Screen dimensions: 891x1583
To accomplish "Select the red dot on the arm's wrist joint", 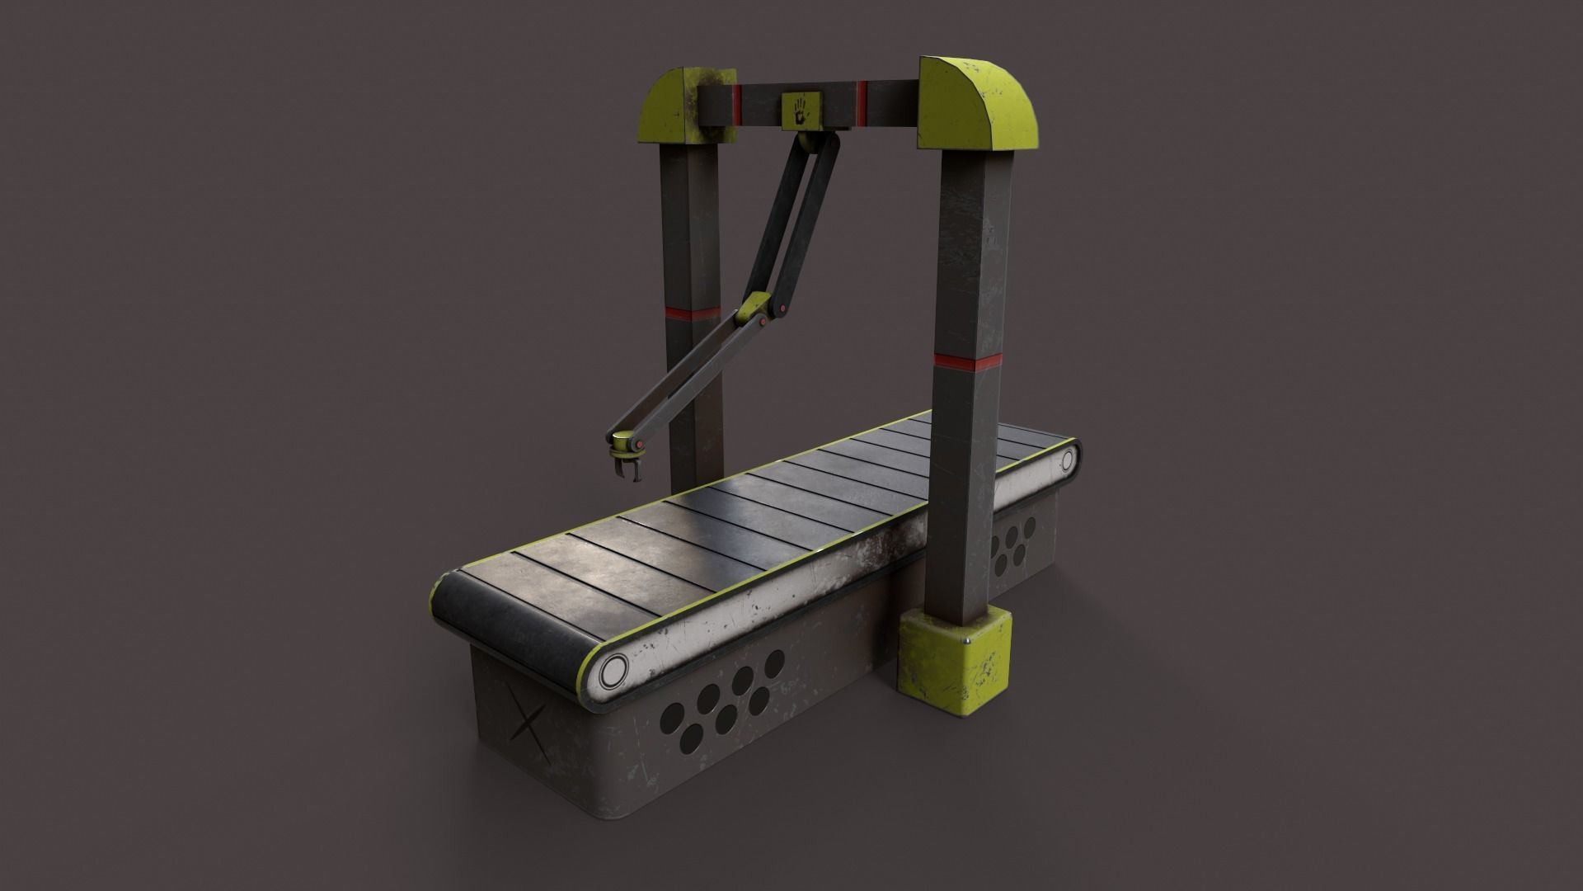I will pyautogui.click(x=639, y=446).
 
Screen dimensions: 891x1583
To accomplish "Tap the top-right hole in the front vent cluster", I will pyautogui.click(x=773, y=662).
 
